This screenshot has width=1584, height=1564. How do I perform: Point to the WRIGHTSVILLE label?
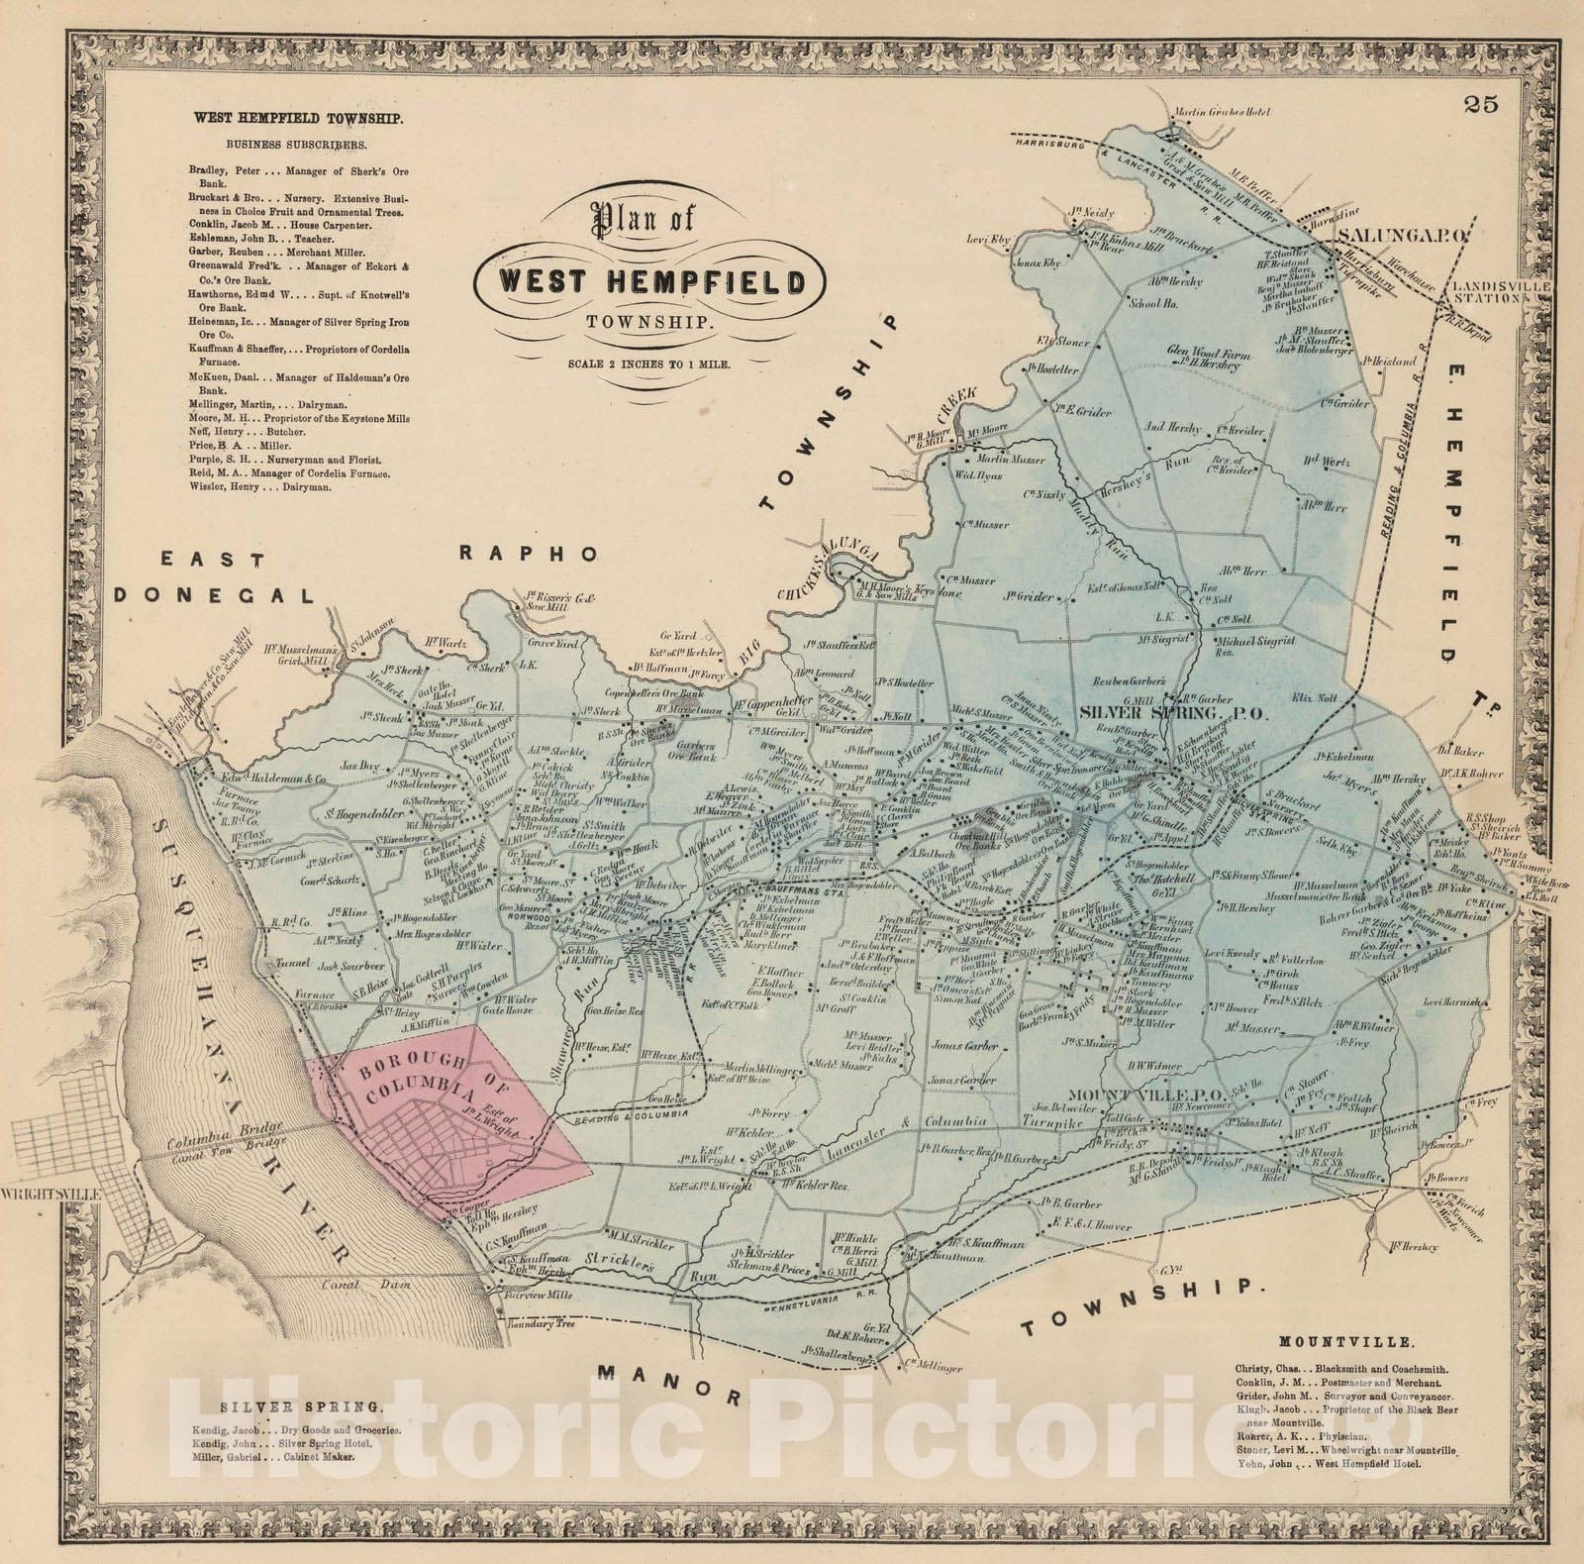pos(52,1196)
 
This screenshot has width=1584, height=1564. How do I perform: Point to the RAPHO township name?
pos(529,555)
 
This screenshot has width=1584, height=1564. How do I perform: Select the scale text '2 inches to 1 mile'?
pos(649,365)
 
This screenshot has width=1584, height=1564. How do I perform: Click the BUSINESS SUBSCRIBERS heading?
pos(288,144)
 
